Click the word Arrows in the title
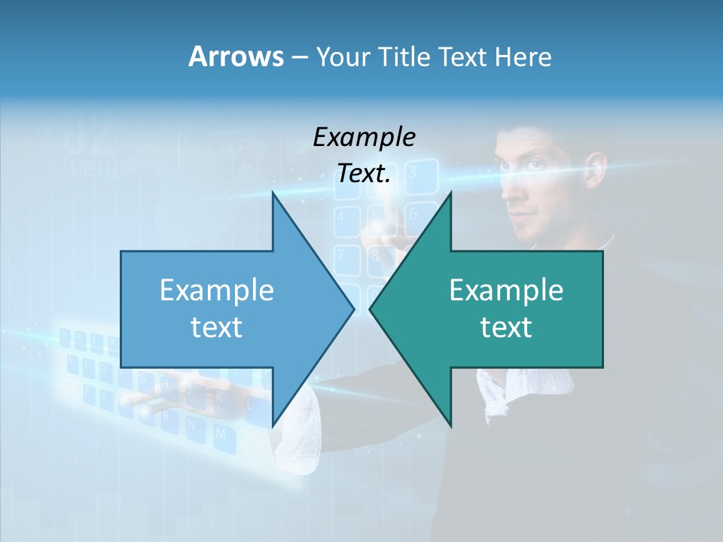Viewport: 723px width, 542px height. pyautogui.click(x=235, y=56)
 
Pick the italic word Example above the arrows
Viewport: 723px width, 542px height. pyautogui.click(x=364, y=137)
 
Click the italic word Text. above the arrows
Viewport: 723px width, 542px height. pyautogui.click(x=364, y=174)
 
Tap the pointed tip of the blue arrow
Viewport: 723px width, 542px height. pyautogui.click(x=352, y=308)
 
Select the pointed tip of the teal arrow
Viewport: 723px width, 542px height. pyautogui.click(x=371, y=308)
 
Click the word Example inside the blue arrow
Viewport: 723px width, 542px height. pyautogui.click(x=217, y=291)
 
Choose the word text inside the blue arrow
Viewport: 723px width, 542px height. pyautogui.click(x=217, y=327)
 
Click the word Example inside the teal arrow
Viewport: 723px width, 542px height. pyautogui.click(x=506, y=291)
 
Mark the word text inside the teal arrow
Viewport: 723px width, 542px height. pyautogui.click(x=506, y=327)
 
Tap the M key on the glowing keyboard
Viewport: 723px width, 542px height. pyautogui.click(x=220, y=434)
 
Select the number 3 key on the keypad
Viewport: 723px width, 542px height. pyautogui.click(x=412, y=172)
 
